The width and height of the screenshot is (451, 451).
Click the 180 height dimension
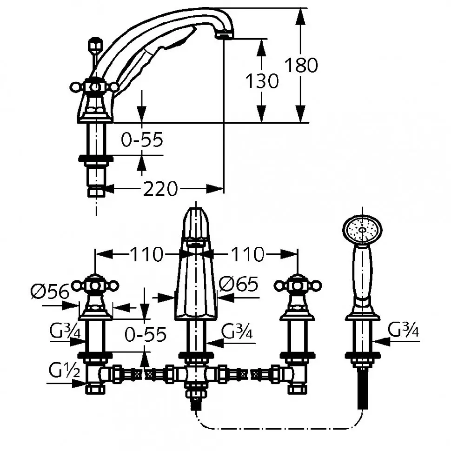tap(301, 65)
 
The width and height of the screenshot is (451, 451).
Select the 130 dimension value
tap(262, 81)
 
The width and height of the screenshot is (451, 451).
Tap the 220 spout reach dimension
tap(160, 189)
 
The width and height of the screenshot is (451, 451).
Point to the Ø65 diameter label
tap(239, 284)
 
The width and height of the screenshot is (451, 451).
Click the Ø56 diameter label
tap(50, 292)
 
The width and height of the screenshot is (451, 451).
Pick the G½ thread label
tap(64, 371)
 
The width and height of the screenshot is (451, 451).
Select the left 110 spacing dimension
tap(146, 254)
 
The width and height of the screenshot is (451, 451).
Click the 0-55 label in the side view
tap(142, 140)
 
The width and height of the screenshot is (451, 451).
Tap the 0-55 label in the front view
tap(146, 334)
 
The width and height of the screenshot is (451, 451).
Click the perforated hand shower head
tap(362, 230)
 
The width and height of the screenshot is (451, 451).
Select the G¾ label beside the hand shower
tap(403, 330)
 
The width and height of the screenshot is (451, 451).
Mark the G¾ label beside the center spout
tap(237, 332)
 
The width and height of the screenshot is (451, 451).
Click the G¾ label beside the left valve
tap(65, 331)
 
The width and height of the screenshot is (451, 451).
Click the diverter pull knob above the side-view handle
tap(95, 45)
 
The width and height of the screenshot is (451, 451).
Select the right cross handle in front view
tap(298, 285)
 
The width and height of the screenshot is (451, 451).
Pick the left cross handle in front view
tap(95, 285)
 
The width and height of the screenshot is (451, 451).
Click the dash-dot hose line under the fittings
tap(279, 429)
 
